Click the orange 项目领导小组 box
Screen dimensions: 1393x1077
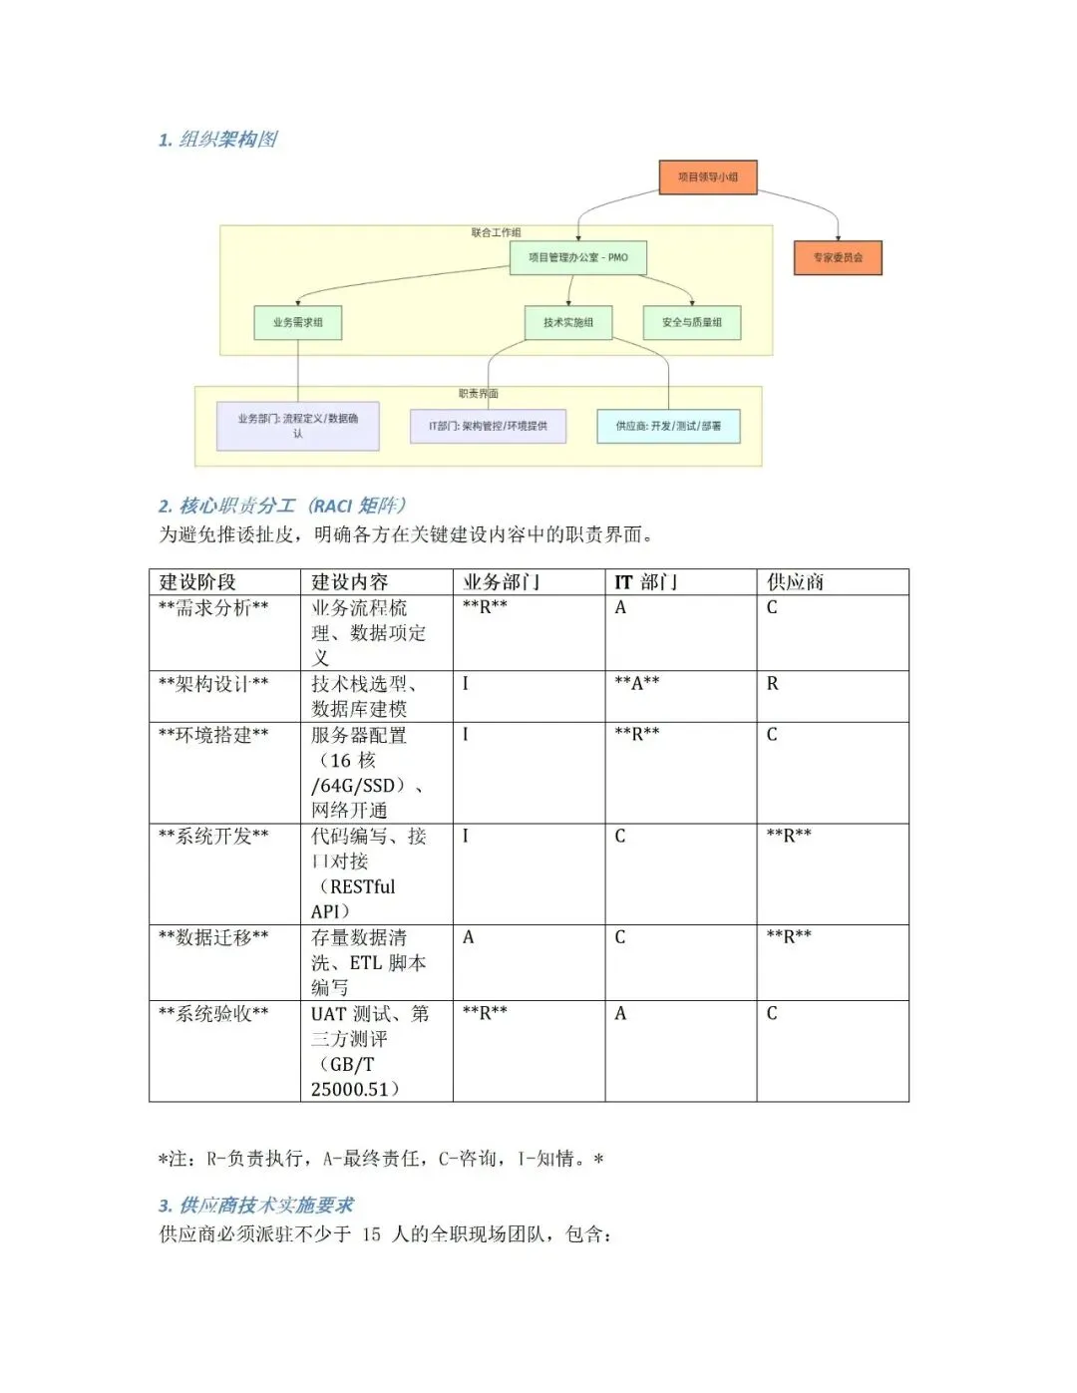click(708, 177)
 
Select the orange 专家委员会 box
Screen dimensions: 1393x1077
click(838, 258)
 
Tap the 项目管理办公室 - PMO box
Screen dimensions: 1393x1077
click(578, 257)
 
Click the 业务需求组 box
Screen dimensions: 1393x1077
click(297, 322)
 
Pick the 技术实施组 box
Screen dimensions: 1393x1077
click(568, 322)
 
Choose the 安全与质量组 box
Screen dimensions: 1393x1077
click(692, 322)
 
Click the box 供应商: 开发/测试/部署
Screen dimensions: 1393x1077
click(668, 426)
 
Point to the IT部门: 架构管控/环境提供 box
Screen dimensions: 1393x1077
click(488, 426)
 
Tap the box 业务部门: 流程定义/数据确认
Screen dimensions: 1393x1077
click(297, 426)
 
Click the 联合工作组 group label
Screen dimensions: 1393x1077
click(496, 232)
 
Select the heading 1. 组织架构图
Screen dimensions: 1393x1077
click(217, 140)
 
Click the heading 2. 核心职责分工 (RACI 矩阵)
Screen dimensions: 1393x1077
click(281, 506)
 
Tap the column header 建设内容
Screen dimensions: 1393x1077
click(350, 582)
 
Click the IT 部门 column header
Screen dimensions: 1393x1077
click(645, 582)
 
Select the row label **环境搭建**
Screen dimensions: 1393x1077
click(213, 735)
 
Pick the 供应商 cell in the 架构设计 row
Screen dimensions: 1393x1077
click(773, 684)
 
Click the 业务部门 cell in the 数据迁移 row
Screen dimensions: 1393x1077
click(469, 937)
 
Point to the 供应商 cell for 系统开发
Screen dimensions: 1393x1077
click(789, 836)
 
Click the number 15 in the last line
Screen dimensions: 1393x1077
click(371, 1234)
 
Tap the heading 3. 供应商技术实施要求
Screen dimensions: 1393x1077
click(256, 1206)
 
